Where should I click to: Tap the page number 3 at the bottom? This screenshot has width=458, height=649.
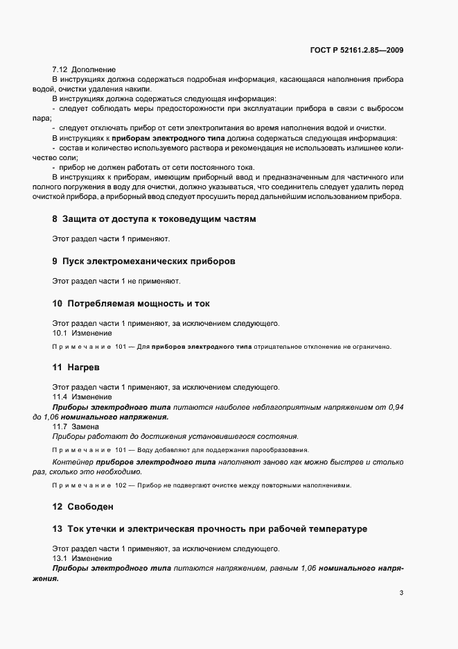coord(402,593)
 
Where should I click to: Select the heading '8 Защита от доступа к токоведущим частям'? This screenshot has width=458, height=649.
coord(154,219)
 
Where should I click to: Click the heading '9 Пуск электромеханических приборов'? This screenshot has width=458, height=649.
coord(144,261)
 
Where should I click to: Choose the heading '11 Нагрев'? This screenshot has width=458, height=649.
coord(78,367)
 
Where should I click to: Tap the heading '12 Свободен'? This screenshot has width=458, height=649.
coord(82,506)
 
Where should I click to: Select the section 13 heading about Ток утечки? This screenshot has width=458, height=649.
coord(209,529)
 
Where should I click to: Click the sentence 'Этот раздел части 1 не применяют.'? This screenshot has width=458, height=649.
coord(116,282)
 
